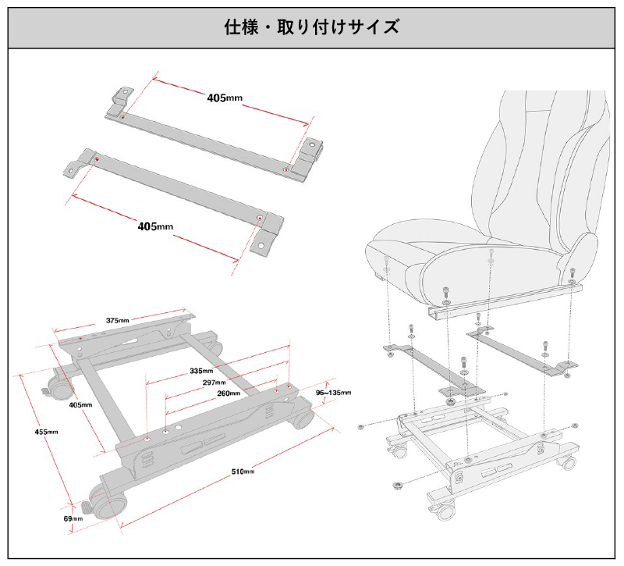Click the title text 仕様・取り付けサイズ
(312, 27)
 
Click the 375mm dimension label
(118, 319)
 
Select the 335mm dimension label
(201, 370)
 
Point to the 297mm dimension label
(214, 383)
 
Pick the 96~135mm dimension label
(333, 392)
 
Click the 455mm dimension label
(46, 432)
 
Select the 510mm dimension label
(243, 471)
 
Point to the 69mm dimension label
(73, 518)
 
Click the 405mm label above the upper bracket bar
(225, 98)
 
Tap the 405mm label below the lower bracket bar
(155, 226)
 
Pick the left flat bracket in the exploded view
(421, 358)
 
